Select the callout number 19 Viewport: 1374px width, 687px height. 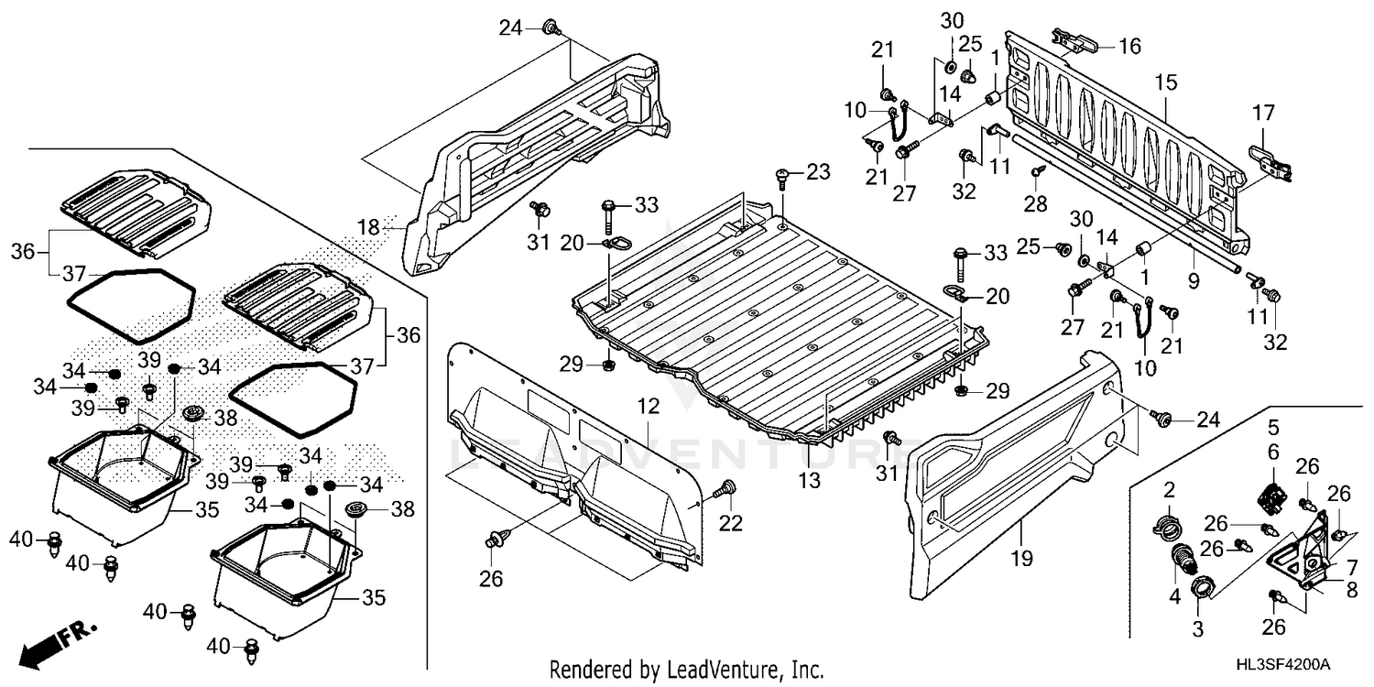tap(1023, 555)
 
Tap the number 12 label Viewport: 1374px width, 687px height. tap(649, 404)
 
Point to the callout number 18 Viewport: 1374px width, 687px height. tap(368, 227)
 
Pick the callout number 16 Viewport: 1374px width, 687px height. tap(1129, 46)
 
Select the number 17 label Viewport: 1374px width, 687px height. tap(1263, 114)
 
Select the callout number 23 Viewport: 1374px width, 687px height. tap(816, 170)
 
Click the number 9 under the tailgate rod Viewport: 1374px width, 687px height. tap(1193, 284)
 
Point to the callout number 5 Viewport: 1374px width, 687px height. tap(1272, 426)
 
